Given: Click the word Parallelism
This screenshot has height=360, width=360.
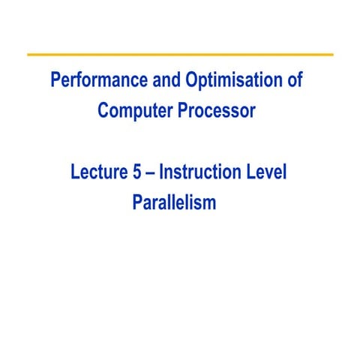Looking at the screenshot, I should pos(173,203).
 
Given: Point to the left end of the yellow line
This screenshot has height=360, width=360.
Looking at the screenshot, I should pos(28,55).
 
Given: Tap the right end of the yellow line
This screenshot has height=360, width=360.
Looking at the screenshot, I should pos(331,55).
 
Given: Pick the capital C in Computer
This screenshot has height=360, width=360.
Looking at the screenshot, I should pos(103,111).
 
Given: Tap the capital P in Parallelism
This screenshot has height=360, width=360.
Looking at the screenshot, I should pos(136,203).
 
